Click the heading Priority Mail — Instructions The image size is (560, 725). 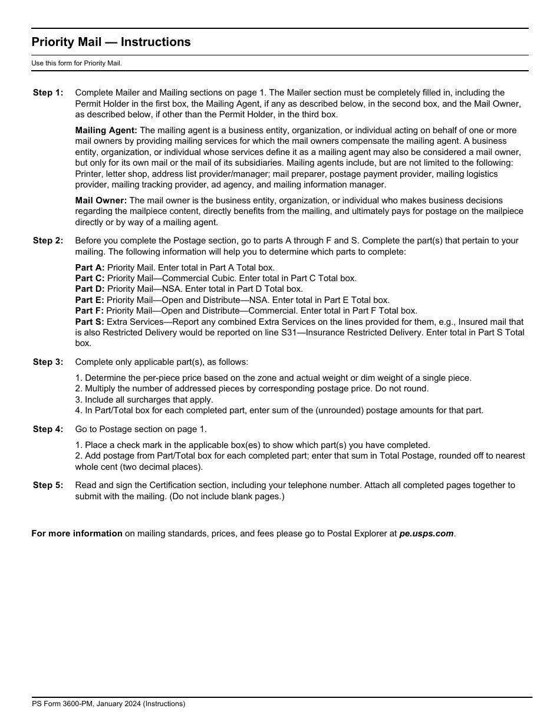click(x=111, y=42)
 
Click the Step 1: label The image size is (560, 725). click(x=48, y=93)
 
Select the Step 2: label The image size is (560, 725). click(x=48, y=240)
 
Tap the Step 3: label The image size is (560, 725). click(x=48, y=362)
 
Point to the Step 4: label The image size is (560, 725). click(x=48, y=429)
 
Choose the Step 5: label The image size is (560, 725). click(x=48, y=485)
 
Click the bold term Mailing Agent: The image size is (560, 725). click(x=106, y=130)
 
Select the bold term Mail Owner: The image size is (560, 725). click(x=101, y=200)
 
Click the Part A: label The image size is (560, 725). click(x=90, y=268)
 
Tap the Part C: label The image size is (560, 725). click(x=90, y=278)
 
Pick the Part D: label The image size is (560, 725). click(x=90, y=289)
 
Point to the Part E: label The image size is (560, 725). click(x=90, y=300)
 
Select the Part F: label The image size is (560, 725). click(x=90, y=311)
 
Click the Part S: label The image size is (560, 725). click(x=90, y=322)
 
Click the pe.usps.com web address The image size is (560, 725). click(x=426, y=533)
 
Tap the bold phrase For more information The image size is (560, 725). click(x=77, y=533)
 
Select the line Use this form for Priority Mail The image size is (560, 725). click(x=77, y=63)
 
